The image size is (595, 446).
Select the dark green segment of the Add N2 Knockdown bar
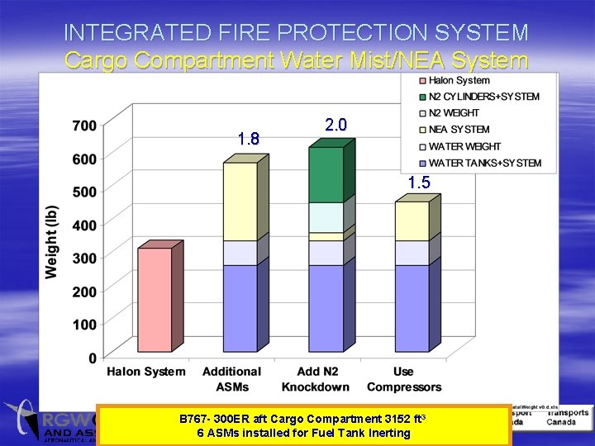click(x=326, y=175)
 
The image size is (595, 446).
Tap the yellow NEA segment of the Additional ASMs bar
click(x=240, y=202)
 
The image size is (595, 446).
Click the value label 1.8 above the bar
click(x=248, y=140)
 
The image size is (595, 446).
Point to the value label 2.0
click(x=336, y=125)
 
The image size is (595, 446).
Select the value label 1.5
click(x=419, y=183)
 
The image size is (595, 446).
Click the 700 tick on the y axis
click(x=83, y=126)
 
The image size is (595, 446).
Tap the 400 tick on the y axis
click(x=83, y=225)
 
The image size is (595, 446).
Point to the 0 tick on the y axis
click(x=92, y=358)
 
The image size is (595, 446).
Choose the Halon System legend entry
click(x=458, y=80)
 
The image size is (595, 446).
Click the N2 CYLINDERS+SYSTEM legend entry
click(x=483, y=97)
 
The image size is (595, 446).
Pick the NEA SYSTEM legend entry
click(x=459, y=130)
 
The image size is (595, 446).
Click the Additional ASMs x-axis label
click(x=231, y=378)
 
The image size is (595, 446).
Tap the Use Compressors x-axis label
click(x=404, y=378)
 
